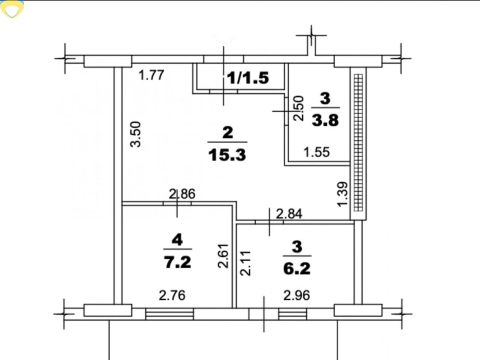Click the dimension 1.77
[151, 75]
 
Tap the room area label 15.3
[227, 155]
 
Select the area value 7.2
[178, 262]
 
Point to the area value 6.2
[297, 268]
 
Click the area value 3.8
[325, 120]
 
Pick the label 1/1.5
[248, 78]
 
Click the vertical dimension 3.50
[135, 134]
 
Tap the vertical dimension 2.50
[298, 108]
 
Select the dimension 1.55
[316, 152]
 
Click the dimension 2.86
[182, 194]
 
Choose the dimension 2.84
[289, 214]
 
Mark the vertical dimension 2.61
[223, 256]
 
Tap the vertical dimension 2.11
[245, 263]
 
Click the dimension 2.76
[172, 295]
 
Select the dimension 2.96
[297, 295]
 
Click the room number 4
[177, 240]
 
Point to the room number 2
[228, 132]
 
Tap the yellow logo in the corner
[12, 9]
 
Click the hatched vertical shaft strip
[358, 143]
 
